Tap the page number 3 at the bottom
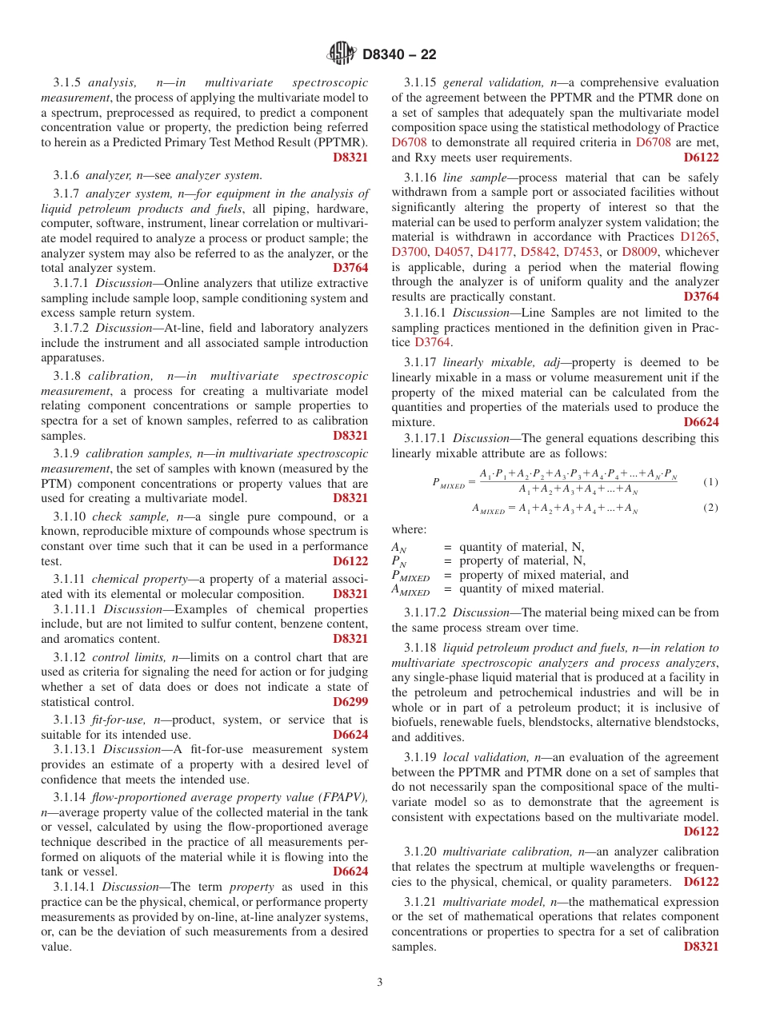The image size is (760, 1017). [x=380, y=982]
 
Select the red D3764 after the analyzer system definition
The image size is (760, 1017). [x=350, y=268]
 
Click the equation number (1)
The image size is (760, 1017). [x=710, y=482]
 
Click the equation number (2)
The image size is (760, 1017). [x=710, y=508]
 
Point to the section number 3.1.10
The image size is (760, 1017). [x=70, y=516]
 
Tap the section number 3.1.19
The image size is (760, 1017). [x=422, y=756]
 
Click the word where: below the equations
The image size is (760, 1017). [x=409, y=529]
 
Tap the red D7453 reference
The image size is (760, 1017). [x=582, y=252]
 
